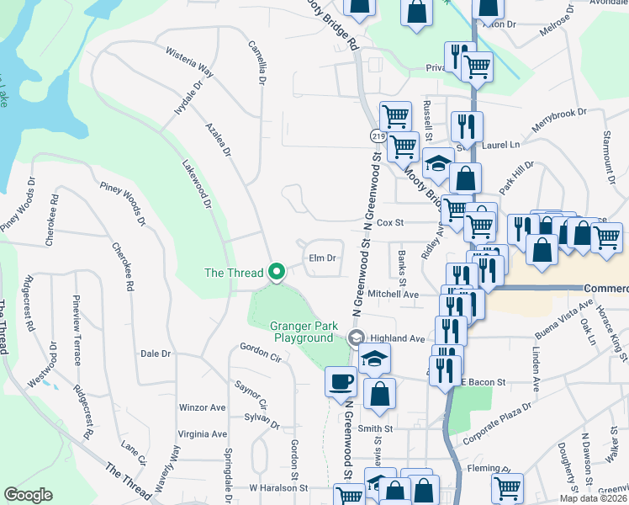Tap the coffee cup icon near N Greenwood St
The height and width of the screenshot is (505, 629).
(341, 380)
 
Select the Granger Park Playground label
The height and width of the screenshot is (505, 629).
(302, 332)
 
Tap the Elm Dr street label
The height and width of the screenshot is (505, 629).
(323, 258)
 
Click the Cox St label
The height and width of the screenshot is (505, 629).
(391, 223)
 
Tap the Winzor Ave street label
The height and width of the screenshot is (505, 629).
(203, 407)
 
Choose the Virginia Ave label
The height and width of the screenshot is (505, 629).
(202, 434)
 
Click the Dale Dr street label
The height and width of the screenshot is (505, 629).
(156, 354)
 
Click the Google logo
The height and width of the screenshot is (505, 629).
(28, 494)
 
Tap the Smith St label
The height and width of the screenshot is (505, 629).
(376, 428)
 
